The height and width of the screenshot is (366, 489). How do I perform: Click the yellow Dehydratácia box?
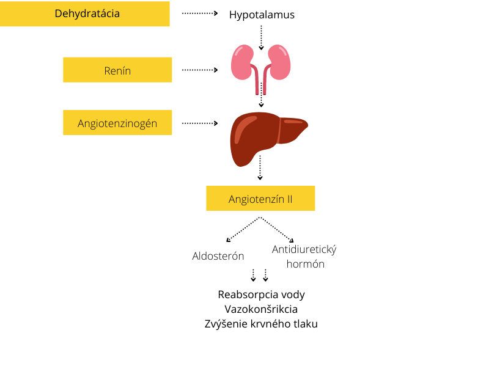(84, 13)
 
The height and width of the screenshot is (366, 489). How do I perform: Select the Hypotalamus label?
(262, 15)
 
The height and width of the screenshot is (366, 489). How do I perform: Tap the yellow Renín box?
(117, 70)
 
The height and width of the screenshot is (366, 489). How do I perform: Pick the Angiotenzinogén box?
(117, 123)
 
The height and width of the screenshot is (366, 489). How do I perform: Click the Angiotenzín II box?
(260, 199)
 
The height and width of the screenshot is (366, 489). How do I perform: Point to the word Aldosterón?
(218, 256)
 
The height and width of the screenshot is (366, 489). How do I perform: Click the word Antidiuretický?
(304, 249)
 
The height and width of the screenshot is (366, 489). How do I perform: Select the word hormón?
(305, 264)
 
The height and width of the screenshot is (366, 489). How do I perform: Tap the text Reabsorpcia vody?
(261, 295)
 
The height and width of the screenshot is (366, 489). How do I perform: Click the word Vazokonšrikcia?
(261, 309)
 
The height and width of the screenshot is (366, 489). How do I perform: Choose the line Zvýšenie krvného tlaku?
(261, 324)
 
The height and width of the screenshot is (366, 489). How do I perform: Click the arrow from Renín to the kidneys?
(200, 70)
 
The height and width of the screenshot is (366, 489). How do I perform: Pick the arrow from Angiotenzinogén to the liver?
(200, 123)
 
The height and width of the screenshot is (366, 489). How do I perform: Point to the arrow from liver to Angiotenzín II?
(260, 168)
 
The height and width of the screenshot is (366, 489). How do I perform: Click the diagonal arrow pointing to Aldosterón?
(243, 229)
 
